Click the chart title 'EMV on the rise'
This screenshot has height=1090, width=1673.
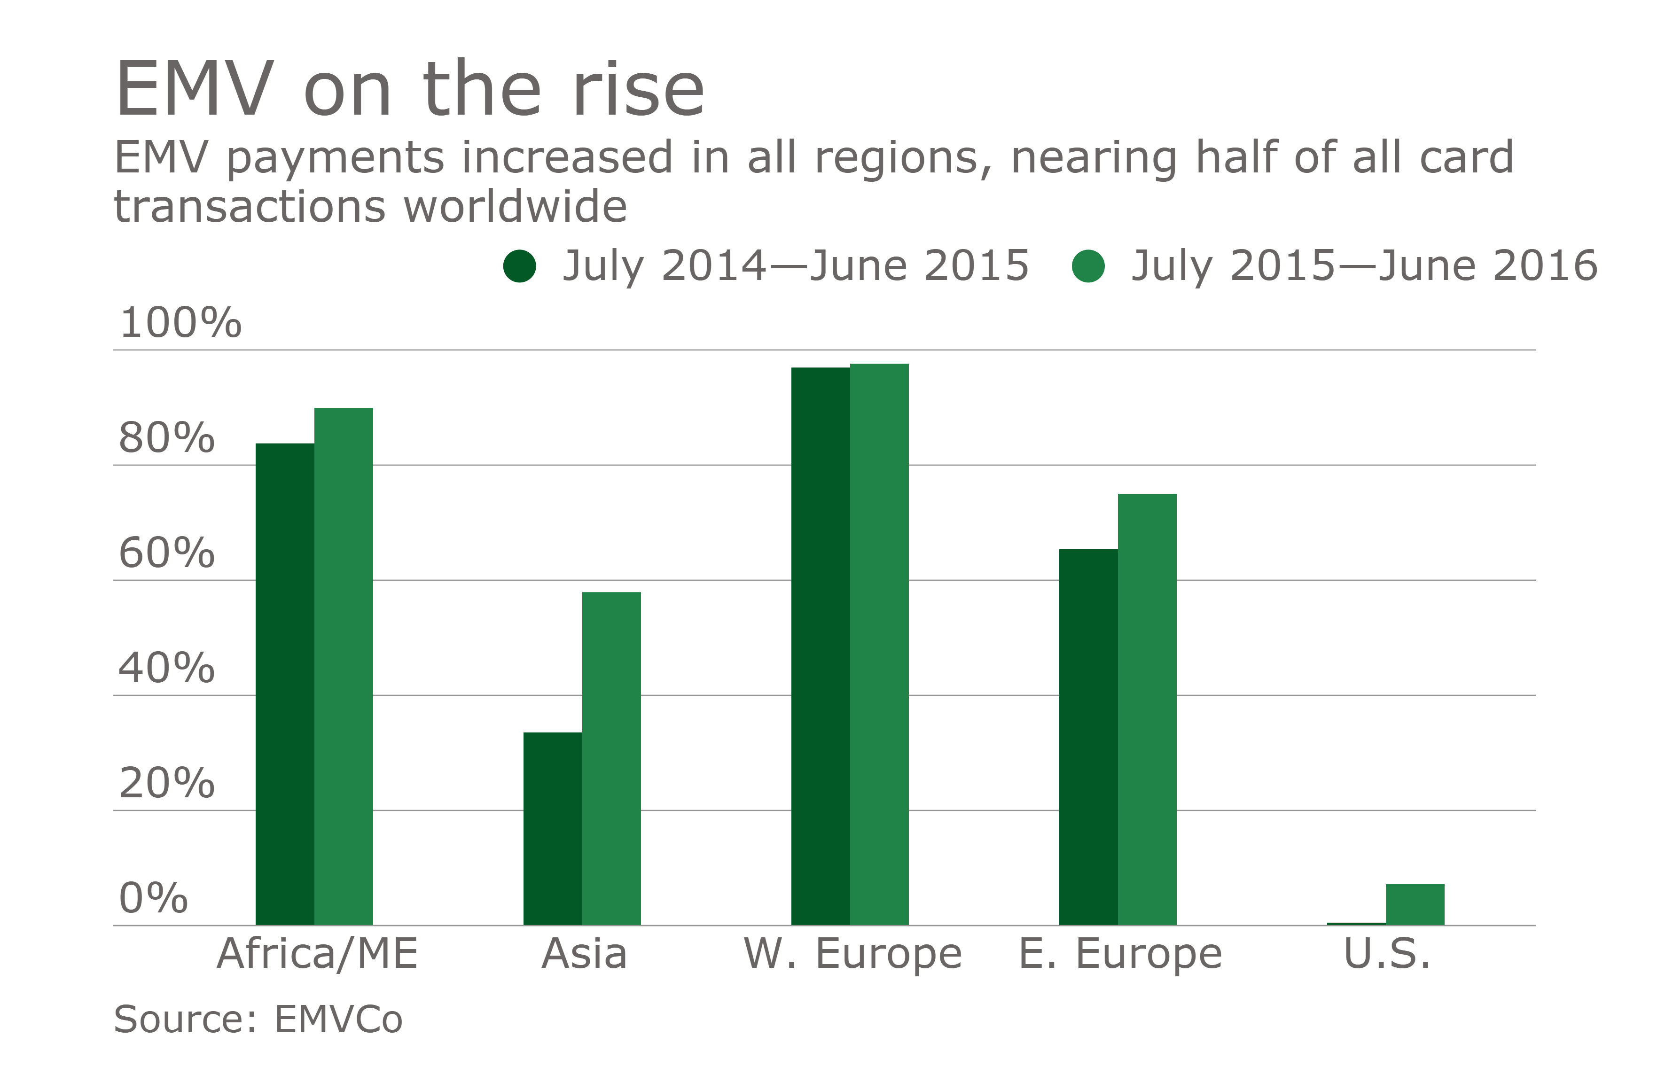point(410,90)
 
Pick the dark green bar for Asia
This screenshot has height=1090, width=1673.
point(553,829)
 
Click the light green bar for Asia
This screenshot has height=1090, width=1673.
point(611,758)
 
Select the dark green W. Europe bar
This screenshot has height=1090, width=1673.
point(821,646)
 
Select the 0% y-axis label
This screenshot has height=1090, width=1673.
point(153,898)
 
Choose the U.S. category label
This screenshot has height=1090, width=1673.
point(1387,954)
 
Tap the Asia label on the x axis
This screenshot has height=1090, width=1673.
point(584,954)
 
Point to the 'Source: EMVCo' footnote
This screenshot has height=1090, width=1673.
point(258,1020)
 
